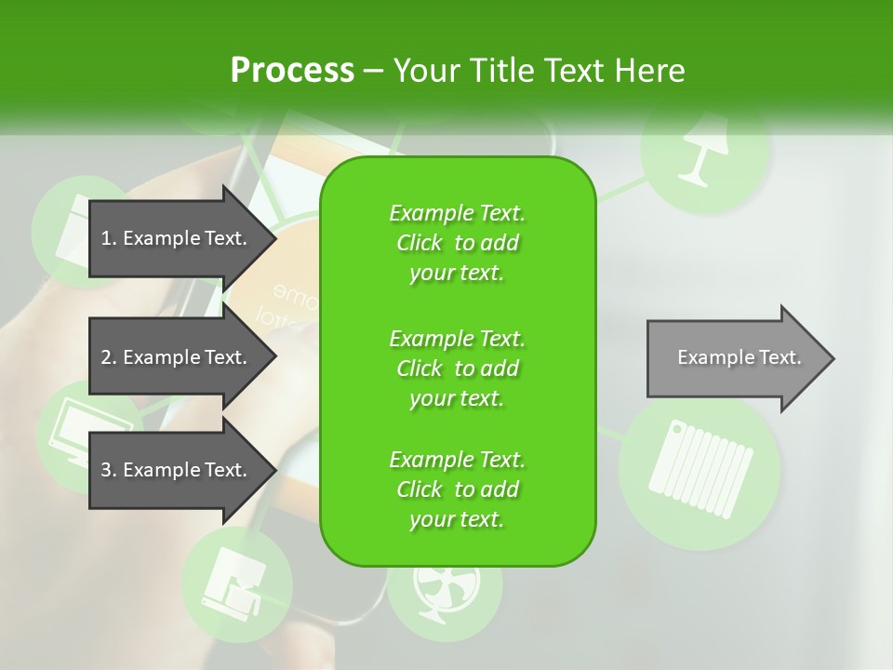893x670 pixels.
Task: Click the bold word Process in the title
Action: [x=292, y=70]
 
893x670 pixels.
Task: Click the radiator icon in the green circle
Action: [x=699, y=470]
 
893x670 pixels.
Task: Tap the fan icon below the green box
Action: [x=444, y=591]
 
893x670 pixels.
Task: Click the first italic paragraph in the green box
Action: [x=457, y=243]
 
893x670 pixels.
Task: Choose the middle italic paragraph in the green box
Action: [x=457, y=368]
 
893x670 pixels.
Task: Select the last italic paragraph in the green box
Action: [x=457, y=489]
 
